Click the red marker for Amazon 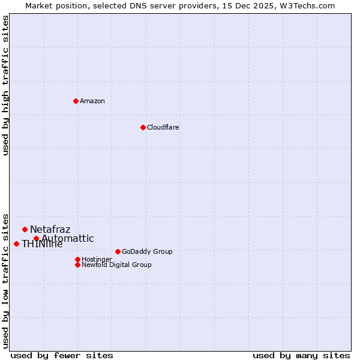pos(76,101)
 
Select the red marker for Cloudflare pos(143,127)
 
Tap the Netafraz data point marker pos(25,229)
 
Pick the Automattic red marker pos(36,238)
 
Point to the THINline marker pos(16,244)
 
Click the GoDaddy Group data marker pos(118,251)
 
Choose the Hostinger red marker pos(77,259)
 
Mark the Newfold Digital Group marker pos(77,265)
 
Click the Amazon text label pos(92,101)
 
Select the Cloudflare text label pos(163,127)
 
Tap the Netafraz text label pos(50,229)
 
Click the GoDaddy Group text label pos(147,251)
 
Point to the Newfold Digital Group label pos(117,265)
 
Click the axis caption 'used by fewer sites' pos(62,355)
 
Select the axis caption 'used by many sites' pos(301,355)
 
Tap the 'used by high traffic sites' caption pos(5,85)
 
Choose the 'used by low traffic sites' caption pos(5,281)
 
